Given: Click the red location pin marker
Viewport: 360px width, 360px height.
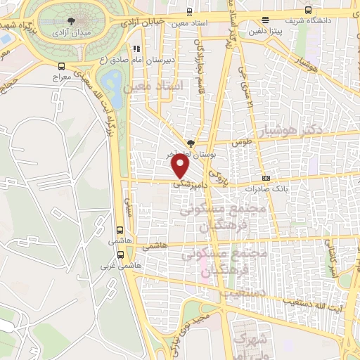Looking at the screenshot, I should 181,166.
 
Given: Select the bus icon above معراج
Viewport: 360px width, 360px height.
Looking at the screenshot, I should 61,67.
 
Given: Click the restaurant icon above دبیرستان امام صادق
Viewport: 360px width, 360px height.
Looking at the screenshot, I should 137,49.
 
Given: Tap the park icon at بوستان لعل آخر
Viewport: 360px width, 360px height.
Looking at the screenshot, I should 191,142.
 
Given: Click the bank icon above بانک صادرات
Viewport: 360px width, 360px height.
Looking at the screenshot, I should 266,178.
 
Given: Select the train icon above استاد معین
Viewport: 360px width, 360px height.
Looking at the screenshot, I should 191,11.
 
